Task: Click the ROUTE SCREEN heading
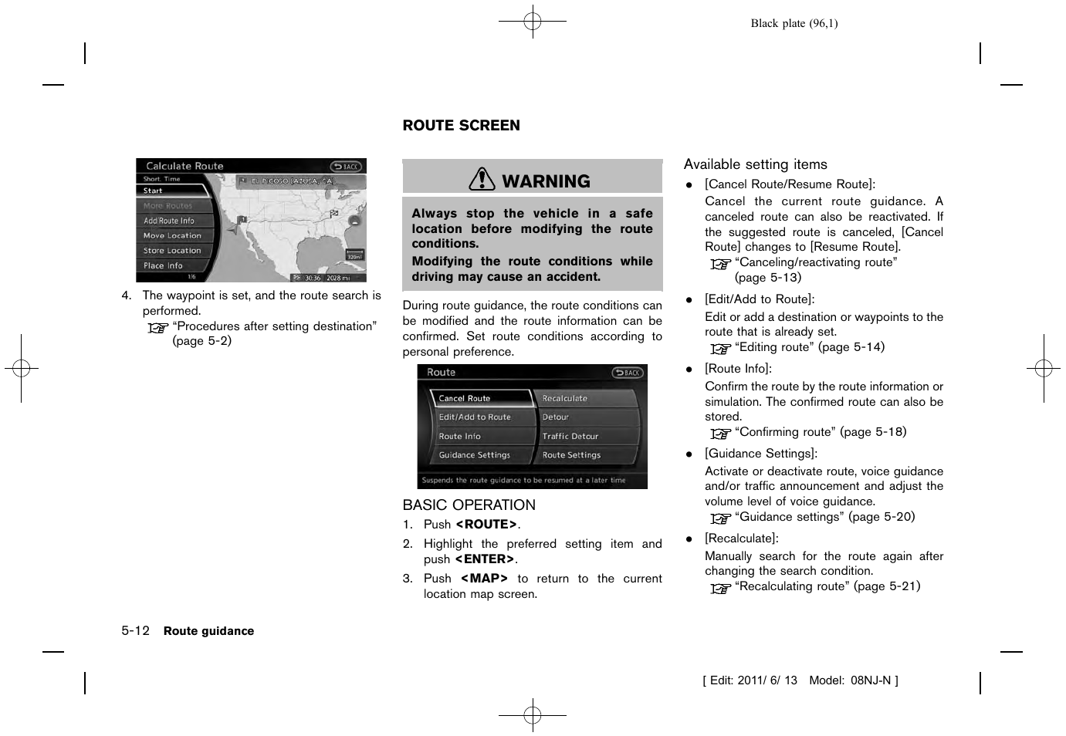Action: click(461, 126)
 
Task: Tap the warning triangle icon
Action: click(482, 180)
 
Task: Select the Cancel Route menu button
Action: click(479, 398)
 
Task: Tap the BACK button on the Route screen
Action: click(628, 373)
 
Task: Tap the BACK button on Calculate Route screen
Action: click(346, 167)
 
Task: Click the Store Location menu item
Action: click(173, 251)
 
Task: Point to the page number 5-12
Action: click(135, 630)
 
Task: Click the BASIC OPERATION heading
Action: click(469, 505)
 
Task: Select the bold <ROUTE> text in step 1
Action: click(486, 525)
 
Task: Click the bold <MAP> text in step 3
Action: click(484, 579)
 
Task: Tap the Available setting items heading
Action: click(755, 164)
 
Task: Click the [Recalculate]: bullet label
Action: click(741, 538)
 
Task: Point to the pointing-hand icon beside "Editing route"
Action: click(720, 349)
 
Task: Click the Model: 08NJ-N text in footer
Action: click(853, 680)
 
